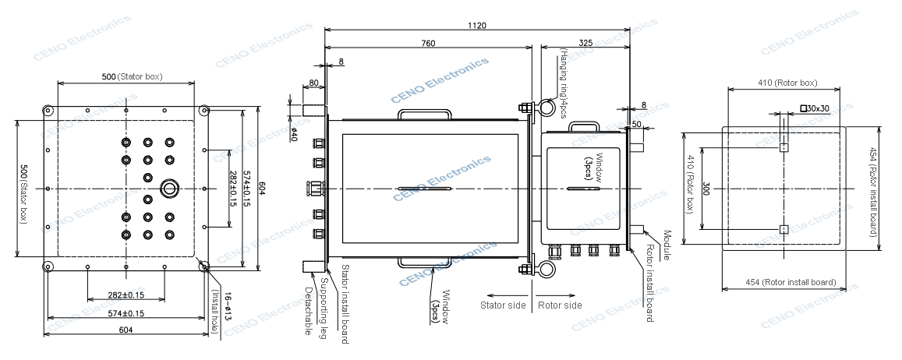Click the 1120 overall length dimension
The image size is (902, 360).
(477, 26)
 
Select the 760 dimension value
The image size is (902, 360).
(428, 44)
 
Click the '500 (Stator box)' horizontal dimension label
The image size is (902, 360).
(137, 77)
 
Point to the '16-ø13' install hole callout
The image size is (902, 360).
(228, 306)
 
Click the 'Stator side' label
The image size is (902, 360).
(503, 305)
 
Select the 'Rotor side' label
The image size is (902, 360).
(560, 305)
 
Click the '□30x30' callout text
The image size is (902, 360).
(814, 108)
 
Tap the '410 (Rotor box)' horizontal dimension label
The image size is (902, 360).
(787, 83)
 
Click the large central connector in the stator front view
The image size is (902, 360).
(169, 189)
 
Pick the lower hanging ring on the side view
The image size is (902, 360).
(544, 270)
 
